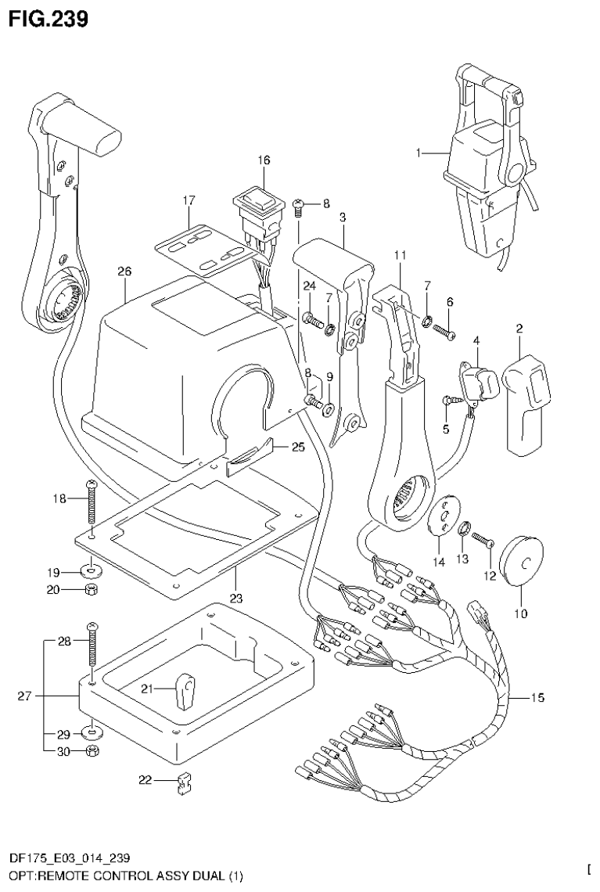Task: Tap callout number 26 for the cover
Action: tap(124, 272)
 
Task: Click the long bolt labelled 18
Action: tap(92, 506)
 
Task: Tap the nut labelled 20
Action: tap(92, 589)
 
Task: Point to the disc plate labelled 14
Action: tap(444, 514)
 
